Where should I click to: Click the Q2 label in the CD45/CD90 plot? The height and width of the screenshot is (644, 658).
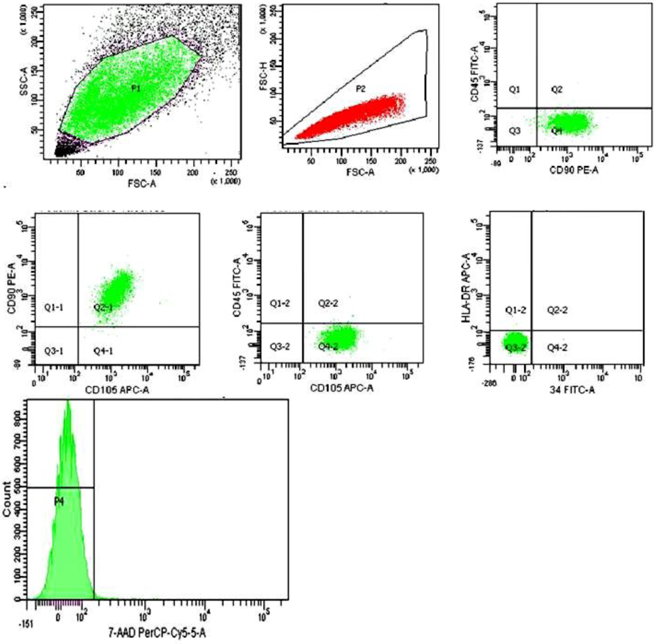[x=557, y=90]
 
